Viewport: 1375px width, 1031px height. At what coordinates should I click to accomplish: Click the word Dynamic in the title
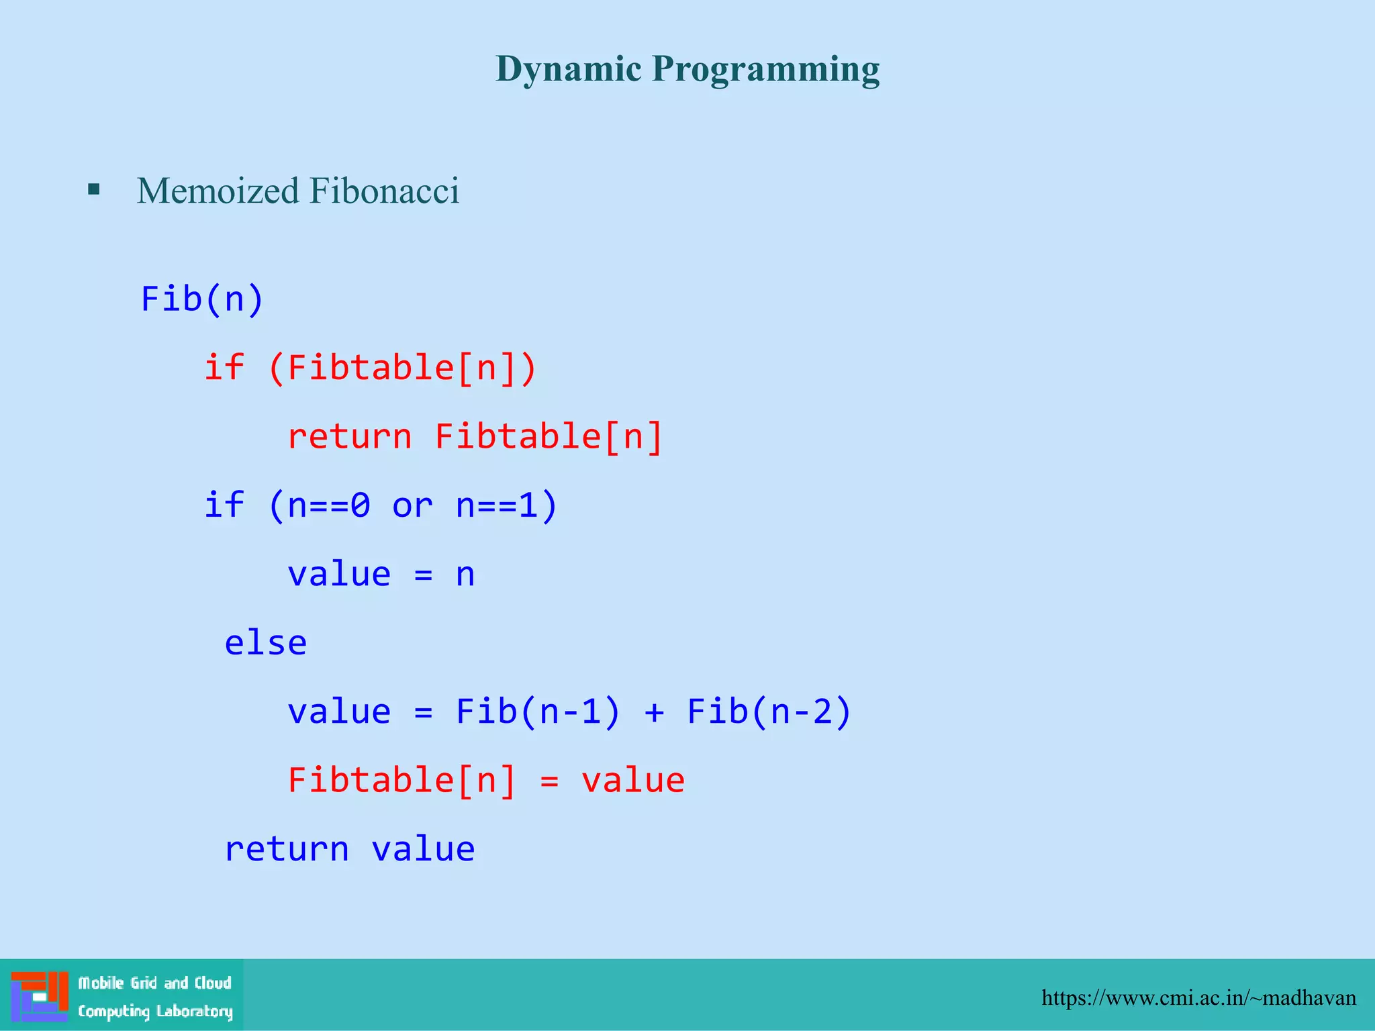tap(568, 69)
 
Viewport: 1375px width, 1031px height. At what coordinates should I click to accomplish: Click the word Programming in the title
tap(765, 69)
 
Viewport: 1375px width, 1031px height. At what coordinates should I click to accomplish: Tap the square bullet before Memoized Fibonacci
tap(94, 189)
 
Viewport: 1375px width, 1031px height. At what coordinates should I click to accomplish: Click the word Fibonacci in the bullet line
tap(384, 191)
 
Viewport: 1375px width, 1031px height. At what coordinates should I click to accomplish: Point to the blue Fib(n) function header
tap(202, 299)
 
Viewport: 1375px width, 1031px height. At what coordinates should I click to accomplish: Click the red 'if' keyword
tap(224, 367)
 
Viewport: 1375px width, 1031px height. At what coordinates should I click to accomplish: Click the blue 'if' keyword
tap(224, 505)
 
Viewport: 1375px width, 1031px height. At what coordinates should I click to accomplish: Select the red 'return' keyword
tap(349, 436)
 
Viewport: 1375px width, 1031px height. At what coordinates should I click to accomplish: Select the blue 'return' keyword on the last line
tap(287, 849)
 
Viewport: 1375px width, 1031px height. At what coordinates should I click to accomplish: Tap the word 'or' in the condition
tap(412, 506)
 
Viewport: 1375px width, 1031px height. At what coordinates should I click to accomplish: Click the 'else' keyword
tap(265, 643)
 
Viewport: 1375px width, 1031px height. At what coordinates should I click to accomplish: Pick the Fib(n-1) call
tap(538, 711)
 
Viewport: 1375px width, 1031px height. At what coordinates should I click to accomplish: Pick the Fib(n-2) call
tap(769, 711)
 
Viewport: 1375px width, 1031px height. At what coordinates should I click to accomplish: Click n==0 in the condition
tap(328, 505)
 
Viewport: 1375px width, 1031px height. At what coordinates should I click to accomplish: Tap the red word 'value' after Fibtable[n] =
tap(632, 781)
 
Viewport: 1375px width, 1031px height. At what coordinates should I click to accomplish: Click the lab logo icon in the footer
tap(39, 996)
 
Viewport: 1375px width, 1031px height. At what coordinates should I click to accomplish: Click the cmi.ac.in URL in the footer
tap(1198, 998)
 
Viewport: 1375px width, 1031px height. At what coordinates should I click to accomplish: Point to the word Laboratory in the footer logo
tap(194, 1012)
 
